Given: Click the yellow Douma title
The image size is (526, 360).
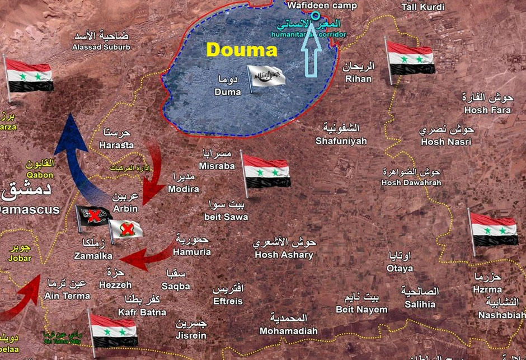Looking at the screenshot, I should (x=242, y=50).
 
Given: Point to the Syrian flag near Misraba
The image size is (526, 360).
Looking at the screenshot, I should (x=266, y=171).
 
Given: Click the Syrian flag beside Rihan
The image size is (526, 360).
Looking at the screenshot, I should (x=410, y=58).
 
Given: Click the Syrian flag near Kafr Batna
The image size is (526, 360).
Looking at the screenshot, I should (x=114, y=330).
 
